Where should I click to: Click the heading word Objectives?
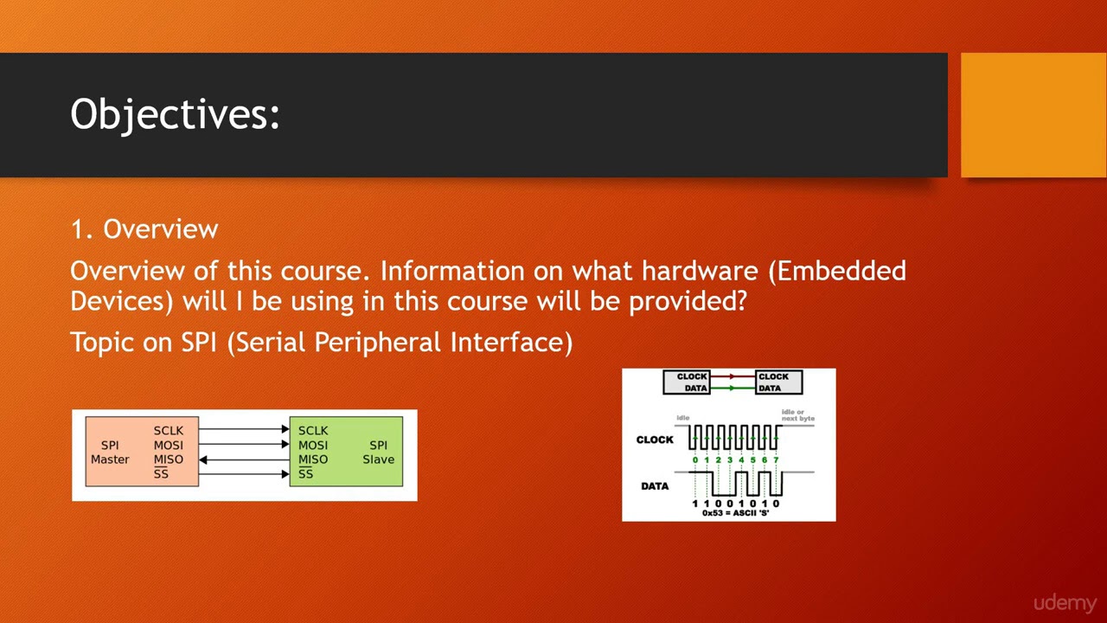click(x=175, y=114)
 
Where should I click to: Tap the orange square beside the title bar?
click(x=1033, y=115)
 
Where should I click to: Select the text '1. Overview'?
click(x=144, y=229)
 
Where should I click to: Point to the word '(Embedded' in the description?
click(x=836, y=271)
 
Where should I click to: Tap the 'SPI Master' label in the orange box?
click(x=110, y=453)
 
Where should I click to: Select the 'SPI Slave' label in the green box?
click(x=378, y=453)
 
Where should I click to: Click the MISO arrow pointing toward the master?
click(x=244, y=459)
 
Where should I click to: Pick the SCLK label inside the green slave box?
click(x=313, y=430)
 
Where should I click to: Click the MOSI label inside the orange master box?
click(x=169, y=445)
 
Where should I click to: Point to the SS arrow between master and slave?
click(x=244, y=474)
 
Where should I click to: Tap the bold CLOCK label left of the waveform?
click(x=655, y=440)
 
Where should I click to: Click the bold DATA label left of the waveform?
click(x=655, y=485)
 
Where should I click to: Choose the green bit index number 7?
click(x=776, y=460)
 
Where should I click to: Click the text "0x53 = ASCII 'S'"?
click(x=735, y=512)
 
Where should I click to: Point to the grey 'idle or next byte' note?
click(x=797, y=414)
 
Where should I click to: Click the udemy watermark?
click(x=1065, y=603)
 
